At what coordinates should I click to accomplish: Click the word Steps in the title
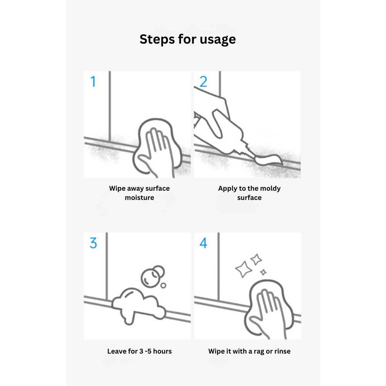pos(157,39)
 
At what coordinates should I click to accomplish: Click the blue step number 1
pos(93,81)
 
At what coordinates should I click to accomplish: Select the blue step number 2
pos(203,81)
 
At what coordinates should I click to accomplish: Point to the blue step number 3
pos(93,243)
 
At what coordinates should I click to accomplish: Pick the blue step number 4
pos(203,243)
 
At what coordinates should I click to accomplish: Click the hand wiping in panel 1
pos(156,151)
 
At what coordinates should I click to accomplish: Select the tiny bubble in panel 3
pos(163,285)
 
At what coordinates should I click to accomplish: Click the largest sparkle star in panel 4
pos(244,269)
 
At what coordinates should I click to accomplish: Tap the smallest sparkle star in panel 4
pos(263,272)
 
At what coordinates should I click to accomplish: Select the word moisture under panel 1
pos(139,198)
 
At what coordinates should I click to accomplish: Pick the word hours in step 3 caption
pos(162,351)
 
